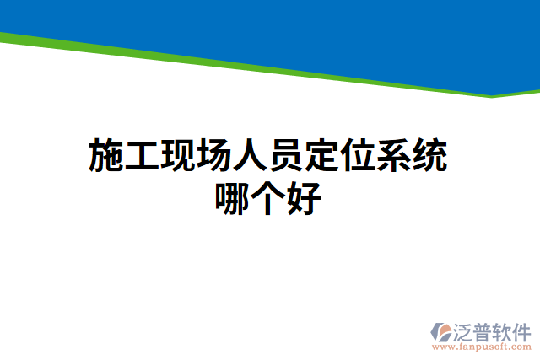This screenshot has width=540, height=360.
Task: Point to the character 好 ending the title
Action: click(305, 200)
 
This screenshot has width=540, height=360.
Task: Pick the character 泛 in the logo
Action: click(465, 331)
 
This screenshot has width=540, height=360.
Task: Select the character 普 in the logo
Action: click(485, 331)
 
